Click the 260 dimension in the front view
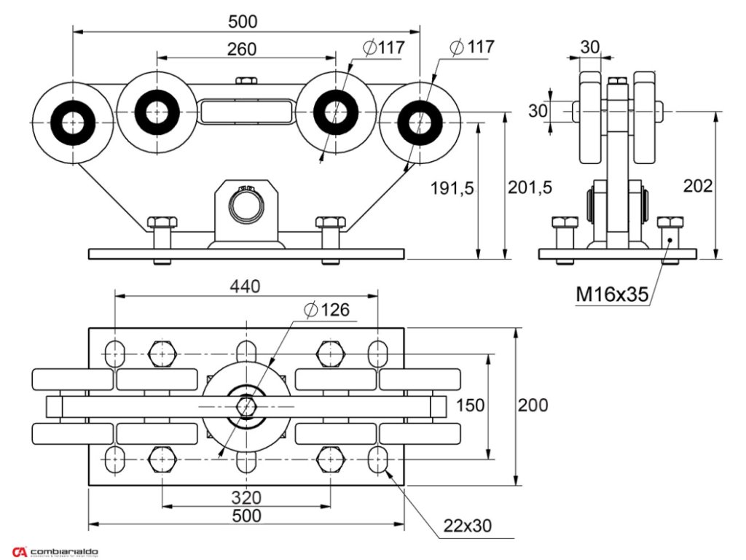[x=242, y=49]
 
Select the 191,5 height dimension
[x=452, y=188]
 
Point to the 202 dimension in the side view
[x=698, y=186]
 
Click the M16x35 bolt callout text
[x=612, y=295]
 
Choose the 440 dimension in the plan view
[x=246, y=287]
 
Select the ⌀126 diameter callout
[x=327, y=310]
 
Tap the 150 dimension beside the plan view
[x=470, y=405]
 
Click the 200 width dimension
[x=533, y=405]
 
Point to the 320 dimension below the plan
[x=247, y=498]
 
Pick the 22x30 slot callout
[x=467, y=525]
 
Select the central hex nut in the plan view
[x=246, y=406]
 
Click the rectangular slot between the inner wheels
[x=246, y=112]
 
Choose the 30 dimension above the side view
[x=590, y=47]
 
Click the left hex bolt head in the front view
[x=161, y=222]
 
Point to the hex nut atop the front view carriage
[x=246, y=80]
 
